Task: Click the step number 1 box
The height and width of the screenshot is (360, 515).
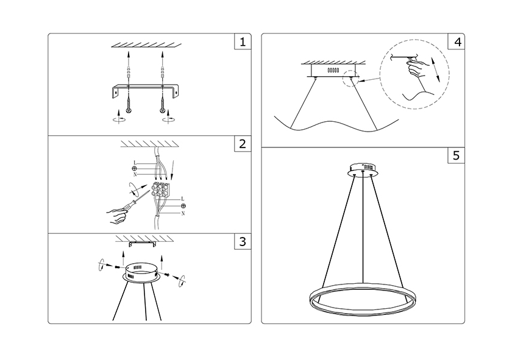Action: click(x=243, y=41)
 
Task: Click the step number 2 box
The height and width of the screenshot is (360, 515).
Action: click(x=243, y=144)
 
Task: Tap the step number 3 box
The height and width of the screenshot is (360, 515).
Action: click(x=243, y=242)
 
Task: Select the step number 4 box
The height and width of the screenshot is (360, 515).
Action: click(x=456, y=41)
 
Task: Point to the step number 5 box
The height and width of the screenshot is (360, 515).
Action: click(x=456, y=155)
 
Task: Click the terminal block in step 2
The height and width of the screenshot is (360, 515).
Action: click(x=161, y=190)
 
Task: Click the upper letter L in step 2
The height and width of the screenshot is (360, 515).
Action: click(x=135, y=163)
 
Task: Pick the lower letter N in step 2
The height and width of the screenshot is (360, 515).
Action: click(x=183, y=213)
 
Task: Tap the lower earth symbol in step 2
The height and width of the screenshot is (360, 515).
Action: click(x=183, y=206)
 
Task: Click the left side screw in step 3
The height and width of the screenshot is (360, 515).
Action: click(x=118, y=267)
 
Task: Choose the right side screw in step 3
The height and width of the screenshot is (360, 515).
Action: click(x=167, y=274)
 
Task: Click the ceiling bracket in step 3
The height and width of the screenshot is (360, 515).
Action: click(x=144, y=244)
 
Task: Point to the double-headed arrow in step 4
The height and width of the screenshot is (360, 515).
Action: click(x=435, y=69)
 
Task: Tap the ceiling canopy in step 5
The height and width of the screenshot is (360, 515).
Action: click(x=363, y=168)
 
